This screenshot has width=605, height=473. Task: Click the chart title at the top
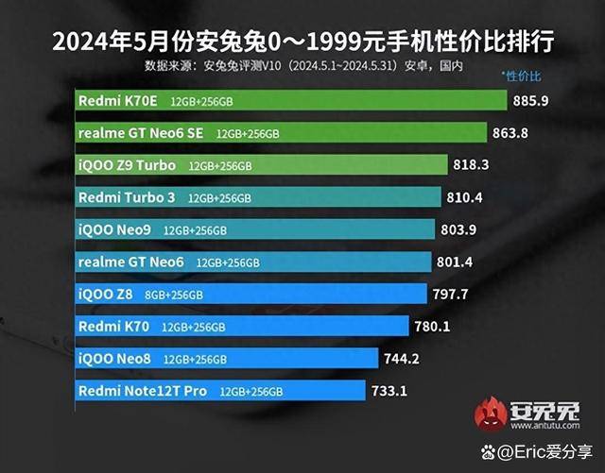[302, 42]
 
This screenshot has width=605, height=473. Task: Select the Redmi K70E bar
[289, 101]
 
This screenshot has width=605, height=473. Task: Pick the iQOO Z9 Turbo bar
[260, 166]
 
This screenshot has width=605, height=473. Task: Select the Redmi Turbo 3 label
[128, 198]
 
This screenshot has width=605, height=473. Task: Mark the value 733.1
[389, 389]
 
